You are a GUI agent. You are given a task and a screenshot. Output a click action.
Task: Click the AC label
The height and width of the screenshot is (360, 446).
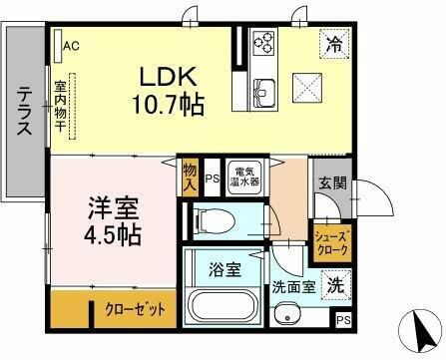point(72,45)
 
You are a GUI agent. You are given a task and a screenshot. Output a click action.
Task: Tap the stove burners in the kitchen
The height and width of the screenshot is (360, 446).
point(263,43)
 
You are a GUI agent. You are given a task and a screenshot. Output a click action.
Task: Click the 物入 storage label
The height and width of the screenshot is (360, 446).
point(190,176)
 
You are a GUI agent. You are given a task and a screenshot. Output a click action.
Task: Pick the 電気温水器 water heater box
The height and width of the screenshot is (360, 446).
point(242,177)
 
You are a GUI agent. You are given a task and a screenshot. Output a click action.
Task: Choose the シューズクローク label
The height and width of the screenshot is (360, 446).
point(330,243)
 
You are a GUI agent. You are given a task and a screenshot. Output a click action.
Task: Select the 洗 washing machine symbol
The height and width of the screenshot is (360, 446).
point(337,282)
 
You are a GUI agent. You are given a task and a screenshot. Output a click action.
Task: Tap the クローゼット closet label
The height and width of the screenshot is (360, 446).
point(135,309)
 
